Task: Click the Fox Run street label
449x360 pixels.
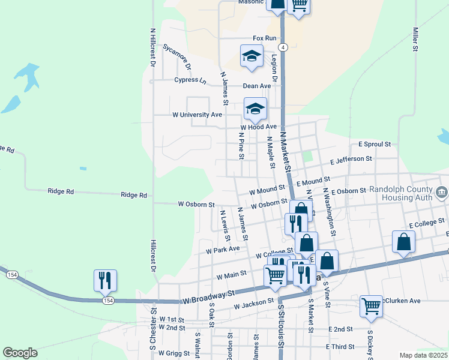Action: [x=265, y=38]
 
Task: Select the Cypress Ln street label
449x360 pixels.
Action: [x=190, y=80]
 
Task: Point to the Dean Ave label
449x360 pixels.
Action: [x=257, y=86]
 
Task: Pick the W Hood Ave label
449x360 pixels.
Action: [x=258, y=127]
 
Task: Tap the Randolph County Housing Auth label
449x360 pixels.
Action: [x=406, y=195]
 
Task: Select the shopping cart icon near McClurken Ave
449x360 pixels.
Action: [x=372, y=305]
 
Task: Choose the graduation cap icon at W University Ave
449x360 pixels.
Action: [x=255, y=109]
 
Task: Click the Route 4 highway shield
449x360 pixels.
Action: [x=283, y=47]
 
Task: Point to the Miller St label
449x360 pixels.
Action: [x=415, y=40]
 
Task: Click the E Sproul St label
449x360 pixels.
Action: [x=375, y=145]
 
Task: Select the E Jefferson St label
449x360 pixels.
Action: [x=352, y=160]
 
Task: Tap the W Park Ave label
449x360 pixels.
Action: [x=223, y=249]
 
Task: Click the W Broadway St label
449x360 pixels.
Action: [x=209, y=296]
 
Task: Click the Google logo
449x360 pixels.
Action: [x=20, y=353]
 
